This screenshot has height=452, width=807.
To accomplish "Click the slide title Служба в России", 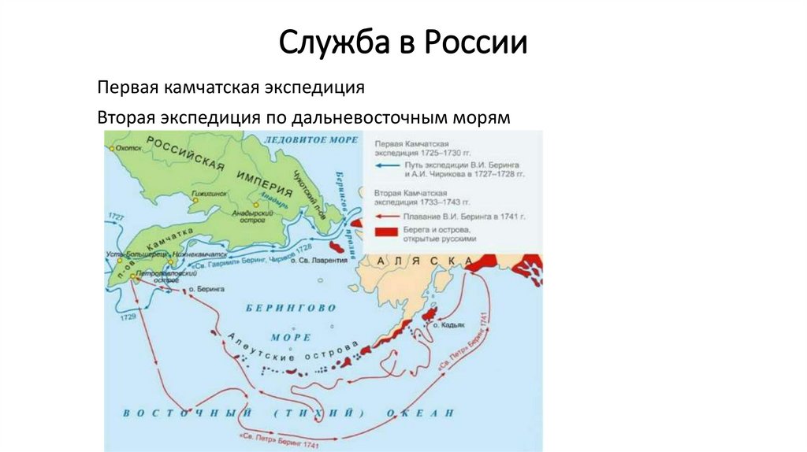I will (x=403, y=43).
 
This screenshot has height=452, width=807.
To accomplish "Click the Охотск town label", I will (x=125, y=147).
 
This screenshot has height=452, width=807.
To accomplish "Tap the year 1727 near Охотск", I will (x=115, y=216).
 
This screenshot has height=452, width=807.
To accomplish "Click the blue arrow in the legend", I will (x=385, y=167).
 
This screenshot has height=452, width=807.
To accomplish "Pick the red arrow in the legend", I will (x=385, y=214).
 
